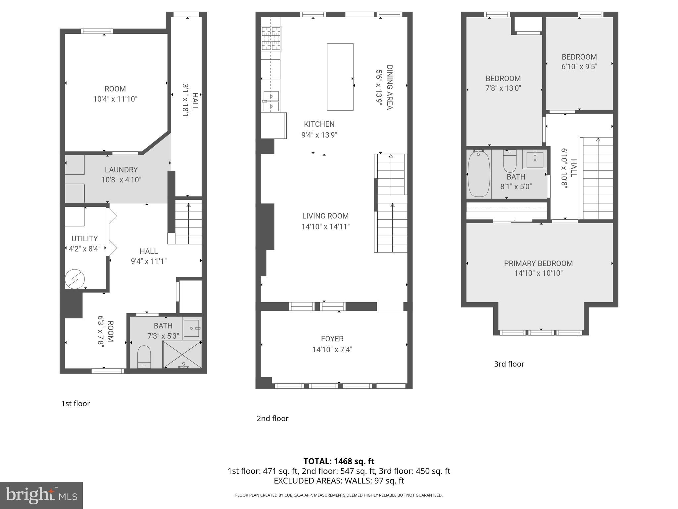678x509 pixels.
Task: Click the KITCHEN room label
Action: click(x=319, y=124)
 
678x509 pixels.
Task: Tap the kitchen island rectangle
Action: click(x=340, y=77)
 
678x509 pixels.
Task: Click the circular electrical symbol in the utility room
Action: click(x=75, y=279)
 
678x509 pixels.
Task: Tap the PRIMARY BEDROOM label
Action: click(x=538, y=263)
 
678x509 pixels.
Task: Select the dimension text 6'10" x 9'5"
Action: click(x=579, y=67)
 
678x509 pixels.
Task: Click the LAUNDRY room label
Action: click(x=121, y=170)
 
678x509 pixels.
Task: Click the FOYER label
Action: click(x=332, y=339)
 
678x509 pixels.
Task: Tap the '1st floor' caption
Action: click(x=75, y=404)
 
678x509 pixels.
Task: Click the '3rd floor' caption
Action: click(x=509, y=364)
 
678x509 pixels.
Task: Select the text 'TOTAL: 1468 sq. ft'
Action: click(x=339, y=461)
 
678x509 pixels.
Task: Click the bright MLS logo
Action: click(x=41, y=495)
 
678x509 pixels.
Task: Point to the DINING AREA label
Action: click(x=389, y=87)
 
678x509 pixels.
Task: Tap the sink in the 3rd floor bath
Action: click(x=535, y=159)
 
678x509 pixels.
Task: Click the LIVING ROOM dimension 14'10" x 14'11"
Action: click(x=325, y=227)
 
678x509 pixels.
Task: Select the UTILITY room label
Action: click(x=84, y=239)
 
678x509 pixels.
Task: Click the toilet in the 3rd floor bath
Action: click(x=509, y=161)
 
